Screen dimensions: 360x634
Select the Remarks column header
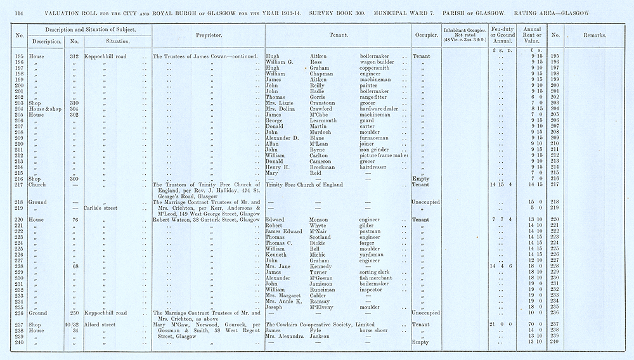click(x=595, y=35)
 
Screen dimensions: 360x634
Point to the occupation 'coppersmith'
click(x=377, y=68)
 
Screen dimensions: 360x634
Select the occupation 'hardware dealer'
click(x=382, y=108)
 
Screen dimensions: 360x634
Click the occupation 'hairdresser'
click(x=377, y=167)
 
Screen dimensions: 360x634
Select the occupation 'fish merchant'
click(x=378, y=278)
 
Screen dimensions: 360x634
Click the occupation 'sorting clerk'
click(x=377, y=272)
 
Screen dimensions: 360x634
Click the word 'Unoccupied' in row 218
click(x=425, y=202)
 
